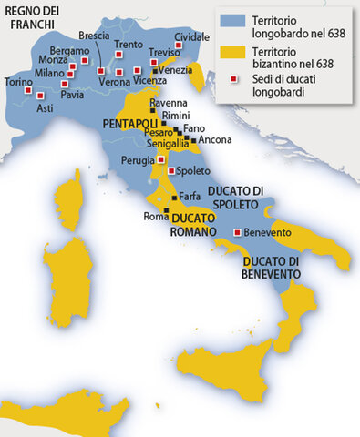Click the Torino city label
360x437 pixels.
(x=18, y=83)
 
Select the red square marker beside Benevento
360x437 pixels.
(x=239, y=232)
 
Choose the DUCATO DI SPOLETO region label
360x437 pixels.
(x=235, y=196)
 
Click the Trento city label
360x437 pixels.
(x=129, y=44)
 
